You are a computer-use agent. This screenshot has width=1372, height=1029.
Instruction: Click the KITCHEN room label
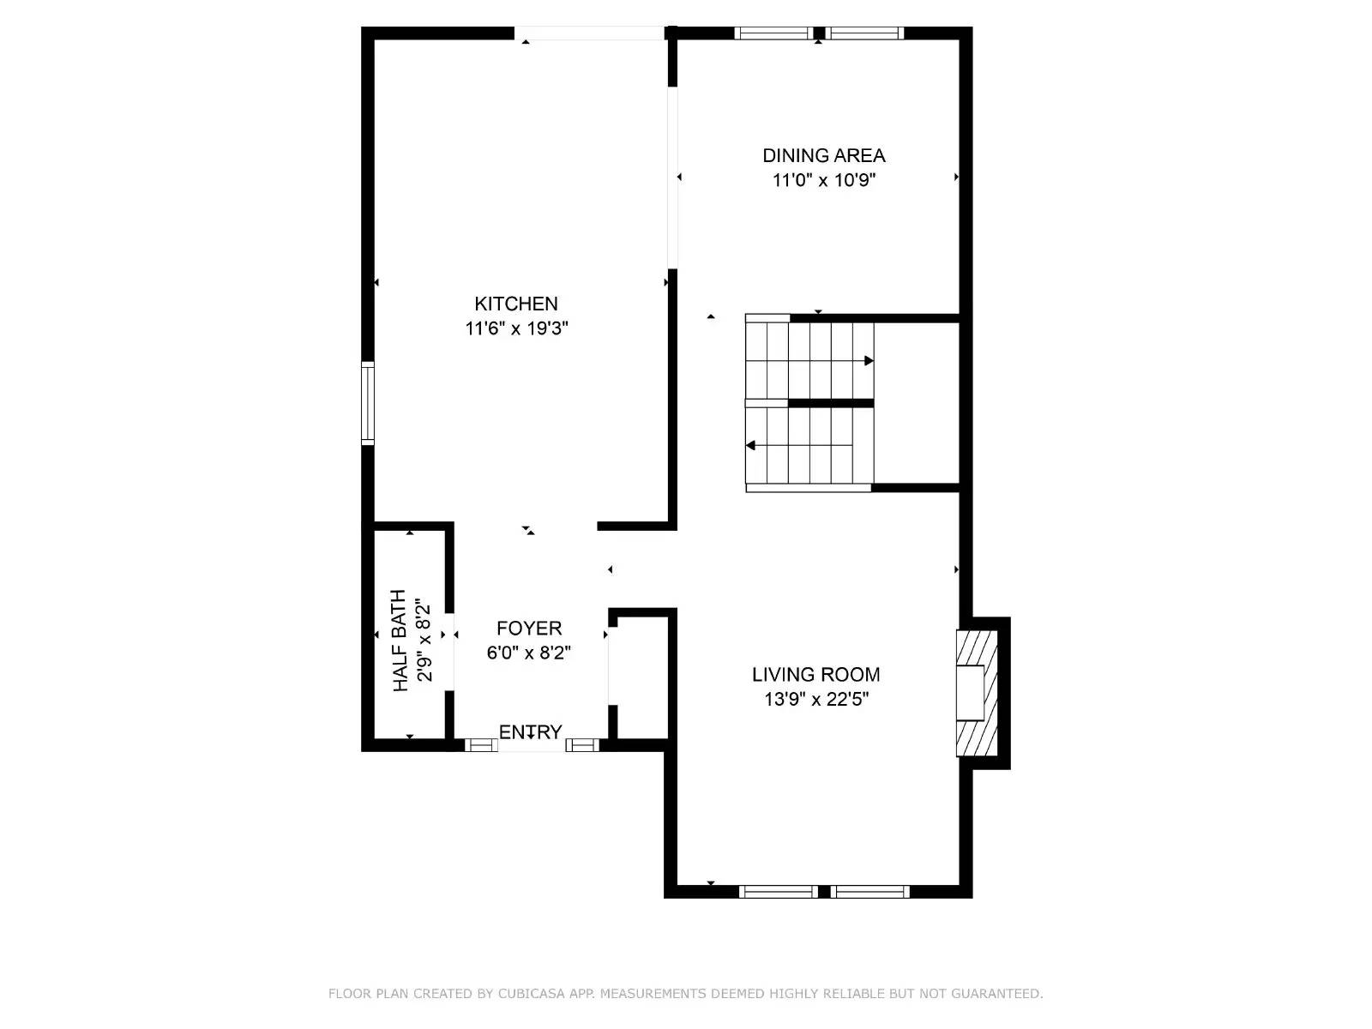[516, 304]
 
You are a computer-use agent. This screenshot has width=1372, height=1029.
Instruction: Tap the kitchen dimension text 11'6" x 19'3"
[516, 328]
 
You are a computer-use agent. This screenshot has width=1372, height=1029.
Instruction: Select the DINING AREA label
[823, 155]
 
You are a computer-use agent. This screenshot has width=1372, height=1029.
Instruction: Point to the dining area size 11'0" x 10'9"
[823, 180]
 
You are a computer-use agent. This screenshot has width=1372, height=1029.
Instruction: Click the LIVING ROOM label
[815, 675]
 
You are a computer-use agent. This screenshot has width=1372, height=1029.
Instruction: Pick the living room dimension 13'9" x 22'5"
[815, 700]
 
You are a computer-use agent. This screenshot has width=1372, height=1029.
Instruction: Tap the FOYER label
[529, 629]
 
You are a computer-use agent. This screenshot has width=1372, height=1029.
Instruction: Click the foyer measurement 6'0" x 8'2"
[529, 653]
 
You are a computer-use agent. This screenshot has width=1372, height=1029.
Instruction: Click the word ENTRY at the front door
[530, 731]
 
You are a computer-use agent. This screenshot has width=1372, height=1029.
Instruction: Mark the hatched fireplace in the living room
[977, 693]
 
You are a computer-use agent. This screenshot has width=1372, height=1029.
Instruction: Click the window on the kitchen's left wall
[368, 403]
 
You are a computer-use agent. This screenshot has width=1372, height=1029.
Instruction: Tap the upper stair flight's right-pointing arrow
[869, 361]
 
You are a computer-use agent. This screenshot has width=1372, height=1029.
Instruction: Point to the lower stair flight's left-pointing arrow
[751, 445]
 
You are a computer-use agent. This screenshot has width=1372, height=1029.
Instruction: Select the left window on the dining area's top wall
[774, 33]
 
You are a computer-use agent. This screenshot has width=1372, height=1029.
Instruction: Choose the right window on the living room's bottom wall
[870, 892]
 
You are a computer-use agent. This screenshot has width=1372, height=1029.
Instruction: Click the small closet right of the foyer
[641, 677]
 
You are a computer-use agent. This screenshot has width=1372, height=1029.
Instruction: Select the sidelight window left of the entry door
[481, 745]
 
